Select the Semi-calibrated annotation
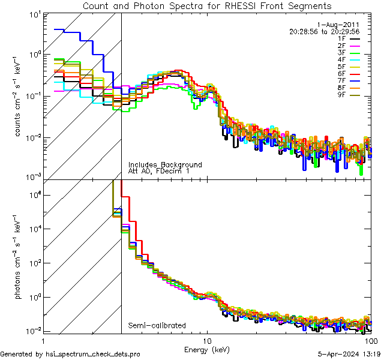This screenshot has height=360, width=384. tap(157, 326)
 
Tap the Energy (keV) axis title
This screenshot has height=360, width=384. tap(207, 349)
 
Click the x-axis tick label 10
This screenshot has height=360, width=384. tap(207, 340)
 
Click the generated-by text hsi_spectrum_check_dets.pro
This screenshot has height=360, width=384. tap(71, 354)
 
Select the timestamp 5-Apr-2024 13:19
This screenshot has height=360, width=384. tap(345, 354)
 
